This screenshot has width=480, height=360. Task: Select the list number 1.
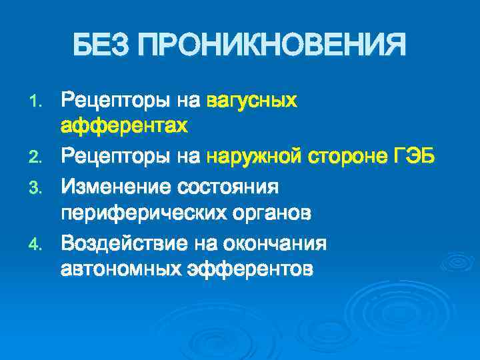[37, 102]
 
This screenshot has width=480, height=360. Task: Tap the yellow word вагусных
[251, 101]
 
